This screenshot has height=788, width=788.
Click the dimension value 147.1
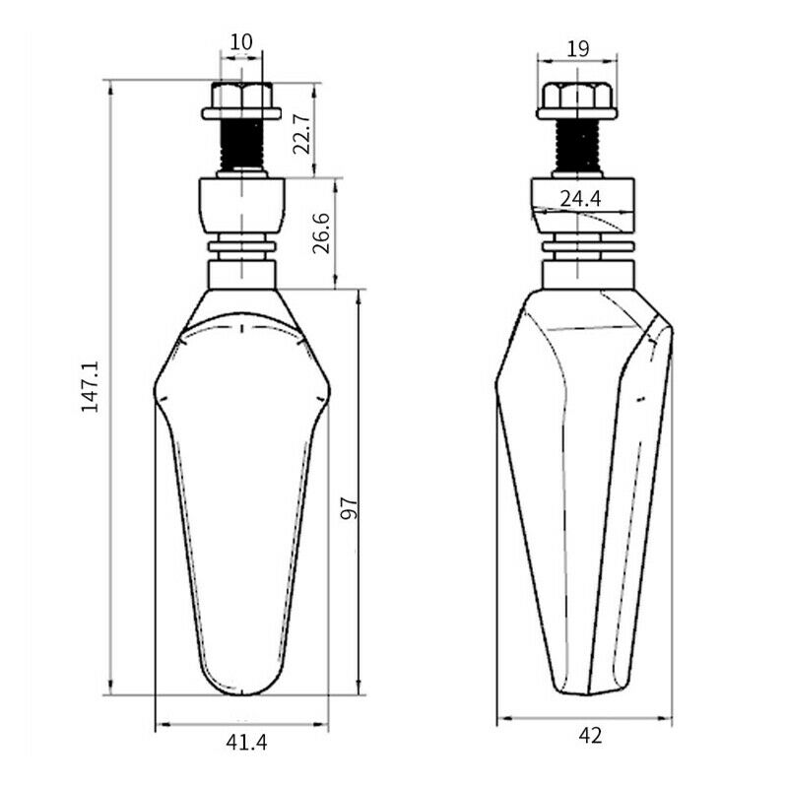[90, 386]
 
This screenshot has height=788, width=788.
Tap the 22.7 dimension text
[302, 133]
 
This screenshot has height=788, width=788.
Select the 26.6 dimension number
[322, 232]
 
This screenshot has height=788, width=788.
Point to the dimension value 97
[349, 508]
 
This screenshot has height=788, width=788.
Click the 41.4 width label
[246, 743]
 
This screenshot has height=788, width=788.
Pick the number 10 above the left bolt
[241, 42]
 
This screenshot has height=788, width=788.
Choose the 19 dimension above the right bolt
[578, 49]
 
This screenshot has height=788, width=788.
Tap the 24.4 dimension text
[580, 200]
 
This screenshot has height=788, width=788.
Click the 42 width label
[589, 736]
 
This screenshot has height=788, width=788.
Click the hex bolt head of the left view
[241, 96]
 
